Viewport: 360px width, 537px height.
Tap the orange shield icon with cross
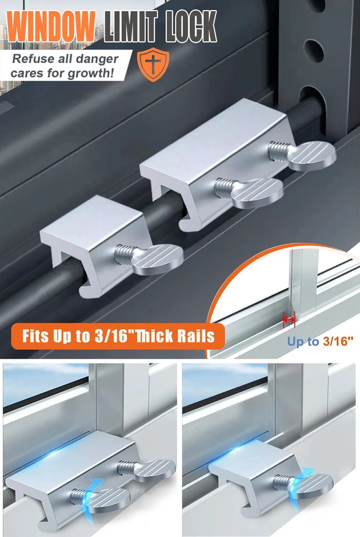(x=150, y=64)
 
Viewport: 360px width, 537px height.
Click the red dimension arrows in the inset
(x=289, y=320)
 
